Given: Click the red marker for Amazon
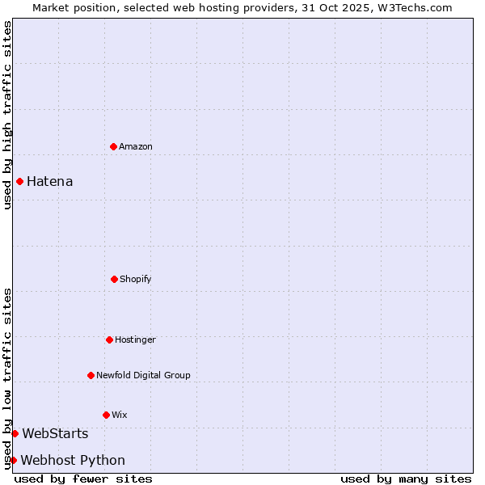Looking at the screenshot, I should coord(113,146).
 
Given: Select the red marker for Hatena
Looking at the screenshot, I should coord(19,181).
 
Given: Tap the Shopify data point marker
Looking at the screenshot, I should coord(114,279).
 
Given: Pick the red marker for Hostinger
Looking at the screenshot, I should coord(109,339).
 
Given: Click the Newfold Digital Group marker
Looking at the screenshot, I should coord(91,375).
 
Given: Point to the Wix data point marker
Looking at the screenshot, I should coord(106,415).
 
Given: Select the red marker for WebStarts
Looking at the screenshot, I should coord(15,434).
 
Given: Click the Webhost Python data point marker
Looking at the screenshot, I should coord(13,460).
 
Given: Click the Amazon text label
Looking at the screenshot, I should coord(136,146).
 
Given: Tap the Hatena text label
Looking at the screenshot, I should coord(49,181).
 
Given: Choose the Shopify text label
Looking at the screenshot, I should coord(136,279).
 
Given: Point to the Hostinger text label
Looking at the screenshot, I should coord(135,339).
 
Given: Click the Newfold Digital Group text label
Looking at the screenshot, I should coord(143,375).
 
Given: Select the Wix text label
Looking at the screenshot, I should coord(120,415).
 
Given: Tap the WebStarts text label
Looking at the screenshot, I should coord(55,434).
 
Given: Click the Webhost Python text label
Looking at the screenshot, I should coord(73,460).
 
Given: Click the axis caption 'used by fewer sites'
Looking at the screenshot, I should coord(83,479).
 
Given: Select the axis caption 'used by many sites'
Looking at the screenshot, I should coord(406,479).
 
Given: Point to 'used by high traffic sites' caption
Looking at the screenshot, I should coord(7,115).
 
